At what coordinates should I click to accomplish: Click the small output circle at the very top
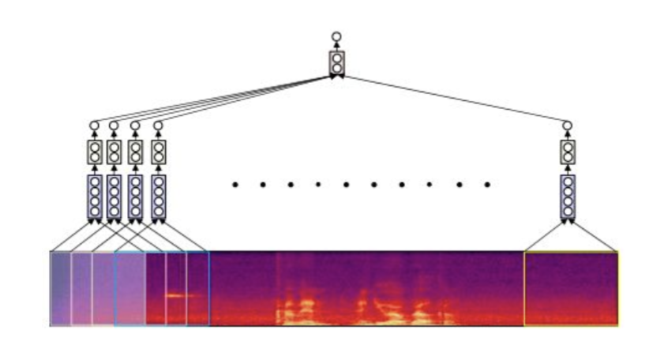tap(336, 36)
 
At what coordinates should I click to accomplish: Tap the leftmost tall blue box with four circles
tap(94, 197)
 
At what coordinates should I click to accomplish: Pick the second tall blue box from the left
tap(114, 197)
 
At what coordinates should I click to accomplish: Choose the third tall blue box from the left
tap(136, 197)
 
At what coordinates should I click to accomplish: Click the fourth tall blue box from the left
tap(159, 197)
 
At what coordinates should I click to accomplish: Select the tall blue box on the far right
tap(568, 197)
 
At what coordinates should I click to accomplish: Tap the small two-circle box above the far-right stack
tap(568, 152)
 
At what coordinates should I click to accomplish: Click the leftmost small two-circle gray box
tap(94, 152)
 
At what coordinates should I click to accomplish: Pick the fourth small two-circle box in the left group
tap(159, 152)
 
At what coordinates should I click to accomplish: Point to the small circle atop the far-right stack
tap(568, 125)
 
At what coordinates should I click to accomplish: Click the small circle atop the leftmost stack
tap(94, 125)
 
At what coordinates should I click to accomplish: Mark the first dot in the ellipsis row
tap(235, 185)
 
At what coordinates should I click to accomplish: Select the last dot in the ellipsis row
tap(487, 185)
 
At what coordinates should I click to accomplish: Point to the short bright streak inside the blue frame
tap(180, 295)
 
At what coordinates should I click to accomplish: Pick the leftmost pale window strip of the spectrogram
tap(61, 288)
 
